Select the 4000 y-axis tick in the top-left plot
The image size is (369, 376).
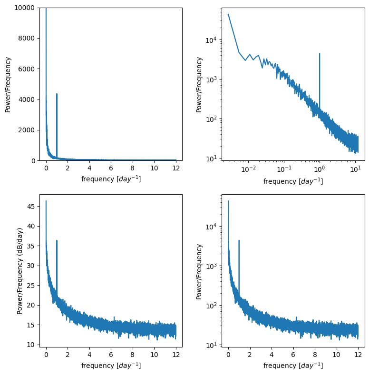(x=28, y=99)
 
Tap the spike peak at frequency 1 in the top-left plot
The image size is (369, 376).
(x=57, y=94)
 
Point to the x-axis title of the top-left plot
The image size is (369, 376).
(x=111, y=179)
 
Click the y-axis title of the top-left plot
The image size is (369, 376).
(x=8, y=84)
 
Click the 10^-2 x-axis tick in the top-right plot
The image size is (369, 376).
(x=248, y=169)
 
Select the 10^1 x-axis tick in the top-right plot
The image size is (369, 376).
(x=355, y=169)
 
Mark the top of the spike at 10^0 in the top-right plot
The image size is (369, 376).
(x=320, y=54)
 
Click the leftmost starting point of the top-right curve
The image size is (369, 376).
(x=228, y=14)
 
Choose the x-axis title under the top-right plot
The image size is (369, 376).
(x=293, y=181)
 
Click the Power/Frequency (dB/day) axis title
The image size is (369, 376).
(x=20, y=271)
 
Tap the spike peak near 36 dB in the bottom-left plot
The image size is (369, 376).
(x=57, y=240)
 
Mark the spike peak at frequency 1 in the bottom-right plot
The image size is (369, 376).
(x=239, y=240)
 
